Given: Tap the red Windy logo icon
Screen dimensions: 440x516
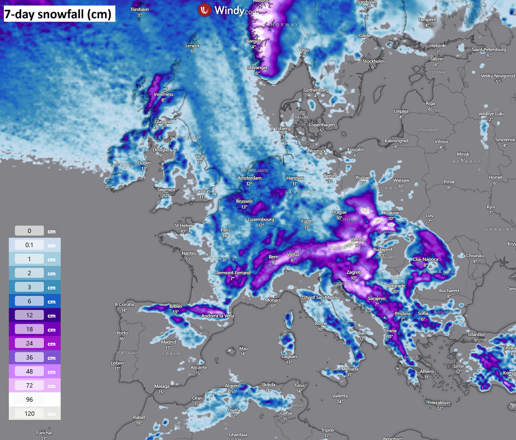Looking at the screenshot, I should (205, 10).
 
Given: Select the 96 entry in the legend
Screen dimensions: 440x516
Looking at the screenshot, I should (30, 400).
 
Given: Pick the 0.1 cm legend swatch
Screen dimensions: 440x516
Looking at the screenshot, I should (30, 245).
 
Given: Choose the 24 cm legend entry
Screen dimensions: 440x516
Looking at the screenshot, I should (30, 344).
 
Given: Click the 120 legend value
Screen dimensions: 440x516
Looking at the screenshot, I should (30, 413).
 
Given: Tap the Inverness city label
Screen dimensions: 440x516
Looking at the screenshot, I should (164, 94).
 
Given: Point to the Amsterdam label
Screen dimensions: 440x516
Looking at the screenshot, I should (249, 178).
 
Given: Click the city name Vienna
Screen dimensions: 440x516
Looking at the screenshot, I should (358, 239).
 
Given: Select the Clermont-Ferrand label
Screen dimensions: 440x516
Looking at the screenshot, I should (232, 273).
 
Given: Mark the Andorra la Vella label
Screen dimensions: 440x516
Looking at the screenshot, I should (218, 316).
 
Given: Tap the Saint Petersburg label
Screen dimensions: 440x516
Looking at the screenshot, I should (489, 50).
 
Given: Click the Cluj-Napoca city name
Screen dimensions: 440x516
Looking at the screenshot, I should (425, 259).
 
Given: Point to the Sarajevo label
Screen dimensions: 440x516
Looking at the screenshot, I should (377, 298).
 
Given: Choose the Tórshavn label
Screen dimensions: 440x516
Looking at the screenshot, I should (139, 9).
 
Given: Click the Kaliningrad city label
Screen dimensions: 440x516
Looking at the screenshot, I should (396, 141).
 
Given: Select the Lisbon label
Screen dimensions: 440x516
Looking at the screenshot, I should (117, 363).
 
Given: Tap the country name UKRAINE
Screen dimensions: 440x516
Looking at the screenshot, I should (499, 229).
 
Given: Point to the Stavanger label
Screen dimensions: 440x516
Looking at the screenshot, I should (258, 68).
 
